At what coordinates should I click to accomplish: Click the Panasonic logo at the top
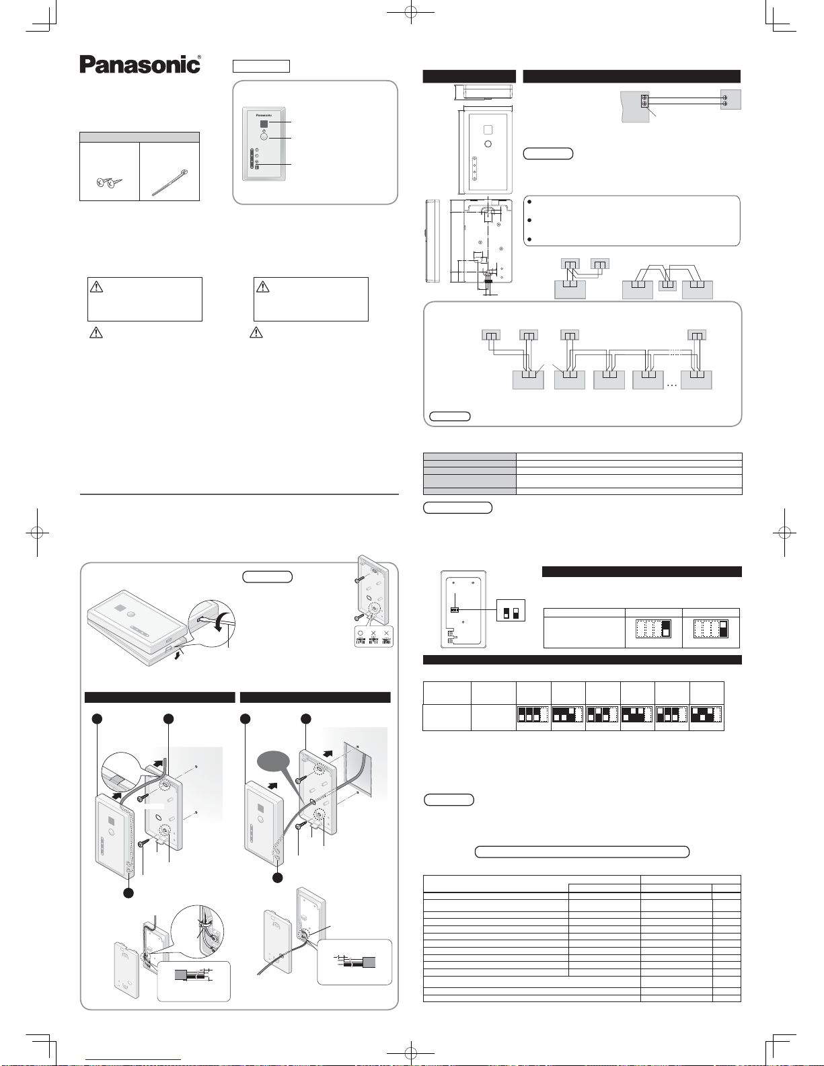tap(140, 65)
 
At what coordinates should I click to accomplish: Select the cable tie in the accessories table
tap(170, 182)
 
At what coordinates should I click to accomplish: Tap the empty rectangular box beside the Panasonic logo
tap(261, 66)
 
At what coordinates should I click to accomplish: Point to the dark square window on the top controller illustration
tap(264, 123)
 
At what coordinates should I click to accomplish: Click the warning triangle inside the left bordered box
tap(97, 287)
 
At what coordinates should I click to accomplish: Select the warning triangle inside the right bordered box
tap(263, 287)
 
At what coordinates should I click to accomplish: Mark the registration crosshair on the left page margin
tap(37, 532)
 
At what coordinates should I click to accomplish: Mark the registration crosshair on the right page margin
tap(784, 532)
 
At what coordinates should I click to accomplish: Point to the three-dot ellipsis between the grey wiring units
tap(672, 385)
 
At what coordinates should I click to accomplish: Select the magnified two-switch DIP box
tap(511, 610)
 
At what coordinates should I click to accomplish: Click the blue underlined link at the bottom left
tap(133, 1060)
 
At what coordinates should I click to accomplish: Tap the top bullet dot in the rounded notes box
tap(530, 202)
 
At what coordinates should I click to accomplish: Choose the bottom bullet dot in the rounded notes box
tap(530, 239)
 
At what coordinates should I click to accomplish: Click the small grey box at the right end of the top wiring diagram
tap(731, 100)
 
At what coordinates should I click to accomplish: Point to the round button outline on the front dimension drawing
tap(488, 144)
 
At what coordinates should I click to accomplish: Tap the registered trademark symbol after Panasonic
tap(198, 57)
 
